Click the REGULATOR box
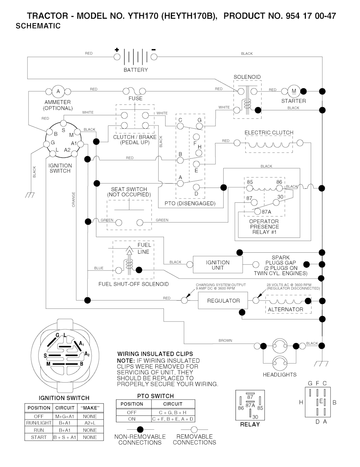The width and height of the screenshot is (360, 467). coord(223,301)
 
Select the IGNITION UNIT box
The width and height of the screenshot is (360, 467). coord(218,265)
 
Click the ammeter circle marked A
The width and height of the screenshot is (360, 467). coord(58,91)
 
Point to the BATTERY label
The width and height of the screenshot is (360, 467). coord(136,70)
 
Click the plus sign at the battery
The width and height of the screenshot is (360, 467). coord(117,50)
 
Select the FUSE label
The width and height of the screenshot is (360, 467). coord(135,98)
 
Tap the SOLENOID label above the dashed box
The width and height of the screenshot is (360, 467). coord(247,77)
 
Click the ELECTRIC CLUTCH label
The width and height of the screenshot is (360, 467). coord(269,132)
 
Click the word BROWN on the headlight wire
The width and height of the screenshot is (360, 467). coord(225,340)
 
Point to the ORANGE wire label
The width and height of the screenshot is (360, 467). coord(73,199)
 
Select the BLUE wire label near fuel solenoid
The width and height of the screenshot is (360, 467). coord(99,268)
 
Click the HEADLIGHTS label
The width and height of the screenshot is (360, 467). coord(279,375)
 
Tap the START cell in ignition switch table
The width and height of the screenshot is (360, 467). coord(39,437)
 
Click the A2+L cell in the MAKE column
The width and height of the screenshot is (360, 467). coord(90,423)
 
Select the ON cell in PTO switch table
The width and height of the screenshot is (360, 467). coord(132,419)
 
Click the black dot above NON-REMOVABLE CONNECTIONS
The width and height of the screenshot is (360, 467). coord(140,429)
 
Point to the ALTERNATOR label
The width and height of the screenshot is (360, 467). coord(285,310)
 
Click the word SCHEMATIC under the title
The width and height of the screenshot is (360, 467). coord(38,26)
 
